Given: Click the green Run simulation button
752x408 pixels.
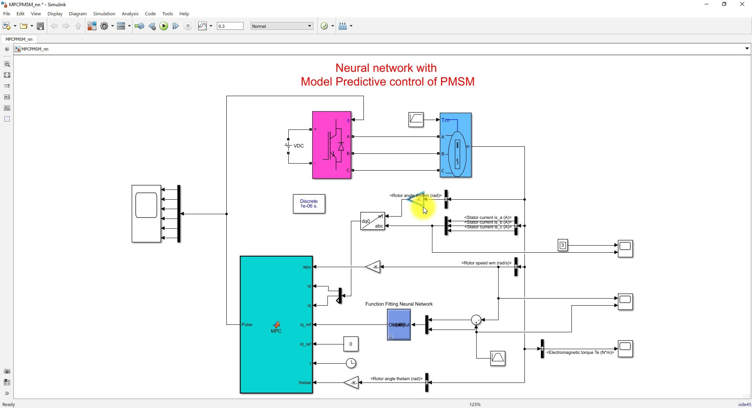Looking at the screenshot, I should pyautogui.click(x=164, y=26).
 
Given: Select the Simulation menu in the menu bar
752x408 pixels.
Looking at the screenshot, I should pyautogui.click(x=104, y=14).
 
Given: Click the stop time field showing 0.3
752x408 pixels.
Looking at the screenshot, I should pyautogui.click(x=230, y=26).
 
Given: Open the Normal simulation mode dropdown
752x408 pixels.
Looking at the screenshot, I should pyautogui.click(x=282, y=26).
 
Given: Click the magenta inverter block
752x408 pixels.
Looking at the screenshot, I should pyautogui.click(x=331, y=145).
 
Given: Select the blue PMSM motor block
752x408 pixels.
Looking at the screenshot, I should pyautogui.click(x=456, y=145).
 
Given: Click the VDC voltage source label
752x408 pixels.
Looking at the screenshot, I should pyautogui.click(x=298, y=146).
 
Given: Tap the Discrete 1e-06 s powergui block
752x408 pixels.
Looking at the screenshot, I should pyautogui.click(x=309, y=204).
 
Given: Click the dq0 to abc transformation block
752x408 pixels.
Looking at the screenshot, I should pyautogui.click(x=372, y=221).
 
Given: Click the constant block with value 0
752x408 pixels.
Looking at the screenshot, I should pyautogui.click(x=351, y=344).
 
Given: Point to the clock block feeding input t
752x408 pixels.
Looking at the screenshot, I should pyautogui.click(x=351, y=363).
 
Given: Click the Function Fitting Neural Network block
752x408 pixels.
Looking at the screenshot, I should pyautogui.click(x=399, y=325).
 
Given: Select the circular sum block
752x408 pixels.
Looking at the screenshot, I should pyautogui.click(x=476, y=320).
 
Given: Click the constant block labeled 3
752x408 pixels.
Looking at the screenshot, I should pyautogui.click(x=562, y=245).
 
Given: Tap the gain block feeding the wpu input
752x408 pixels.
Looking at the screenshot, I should pyautogui.click(x=374, y=267).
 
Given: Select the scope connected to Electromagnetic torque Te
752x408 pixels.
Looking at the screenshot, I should pyautogui.click(x=625, y=348).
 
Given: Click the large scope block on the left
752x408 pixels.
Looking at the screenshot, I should pyautogui.click(x=146, y=214).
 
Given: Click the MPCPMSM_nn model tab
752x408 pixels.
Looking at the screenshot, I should pyautogui.click(x=19, y=39).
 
